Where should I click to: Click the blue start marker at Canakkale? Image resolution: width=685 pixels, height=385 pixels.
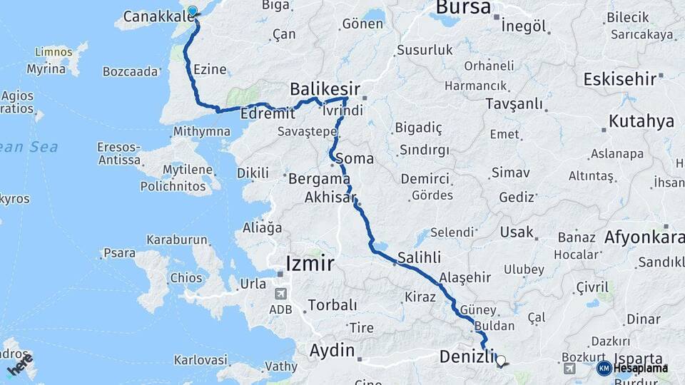coord(192,11)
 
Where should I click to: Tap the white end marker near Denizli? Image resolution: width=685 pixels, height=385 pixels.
coord(500,361)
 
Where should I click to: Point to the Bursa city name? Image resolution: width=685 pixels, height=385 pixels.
coord(463,8)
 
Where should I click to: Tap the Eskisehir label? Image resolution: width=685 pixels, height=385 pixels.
coord(619,78)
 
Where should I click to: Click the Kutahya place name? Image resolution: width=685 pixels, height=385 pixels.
coord(641,121)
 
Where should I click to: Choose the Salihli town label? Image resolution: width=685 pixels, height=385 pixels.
coord(419,257)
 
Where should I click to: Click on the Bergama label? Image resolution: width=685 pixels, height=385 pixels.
coord(319,179)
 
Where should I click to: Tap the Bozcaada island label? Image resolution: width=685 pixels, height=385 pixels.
coord(129,72)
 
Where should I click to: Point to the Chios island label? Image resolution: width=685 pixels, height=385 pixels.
coord(186,277)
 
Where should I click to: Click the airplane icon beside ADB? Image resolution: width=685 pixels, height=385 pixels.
coord(281,294)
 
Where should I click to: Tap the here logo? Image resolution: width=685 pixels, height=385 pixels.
coord(20,366)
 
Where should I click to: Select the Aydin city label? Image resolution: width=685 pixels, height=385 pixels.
coord(332,350)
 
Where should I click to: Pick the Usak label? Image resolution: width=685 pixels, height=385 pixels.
coord(517,232)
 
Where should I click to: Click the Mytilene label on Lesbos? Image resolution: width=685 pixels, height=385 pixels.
coord(188,170)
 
